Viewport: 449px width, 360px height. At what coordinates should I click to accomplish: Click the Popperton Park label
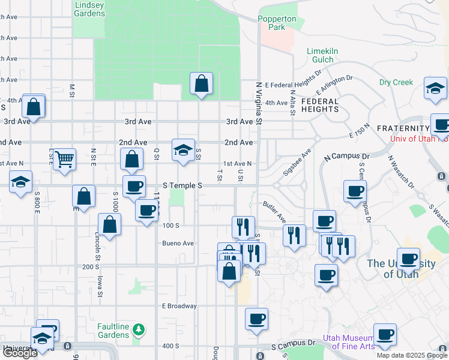point(277,23)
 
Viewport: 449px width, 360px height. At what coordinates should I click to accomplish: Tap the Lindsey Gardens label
point(89,9)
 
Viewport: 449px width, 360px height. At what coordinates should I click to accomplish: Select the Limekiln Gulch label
point(328,55)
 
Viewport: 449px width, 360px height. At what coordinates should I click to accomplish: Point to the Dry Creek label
point(396,82)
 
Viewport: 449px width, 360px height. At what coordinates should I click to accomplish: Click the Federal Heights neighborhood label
point(320,105)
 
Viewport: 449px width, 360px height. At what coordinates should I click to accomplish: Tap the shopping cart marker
point(64,160)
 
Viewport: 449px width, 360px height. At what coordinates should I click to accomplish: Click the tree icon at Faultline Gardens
point(139,329)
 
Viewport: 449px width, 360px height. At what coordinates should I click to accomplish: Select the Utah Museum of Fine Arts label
point(349,342)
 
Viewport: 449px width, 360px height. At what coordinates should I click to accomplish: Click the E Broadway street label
point(179,306)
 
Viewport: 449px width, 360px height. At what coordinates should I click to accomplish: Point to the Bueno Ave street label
point(178,244)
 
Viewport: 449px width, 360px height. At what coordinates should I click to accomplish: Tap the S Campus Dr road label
point(293,346)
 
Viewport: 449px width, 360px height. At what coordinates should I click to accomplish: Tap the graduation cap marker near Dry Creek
point(435,88)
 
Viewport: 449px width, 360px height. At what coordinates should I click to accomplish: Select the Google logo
point(20,353)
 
